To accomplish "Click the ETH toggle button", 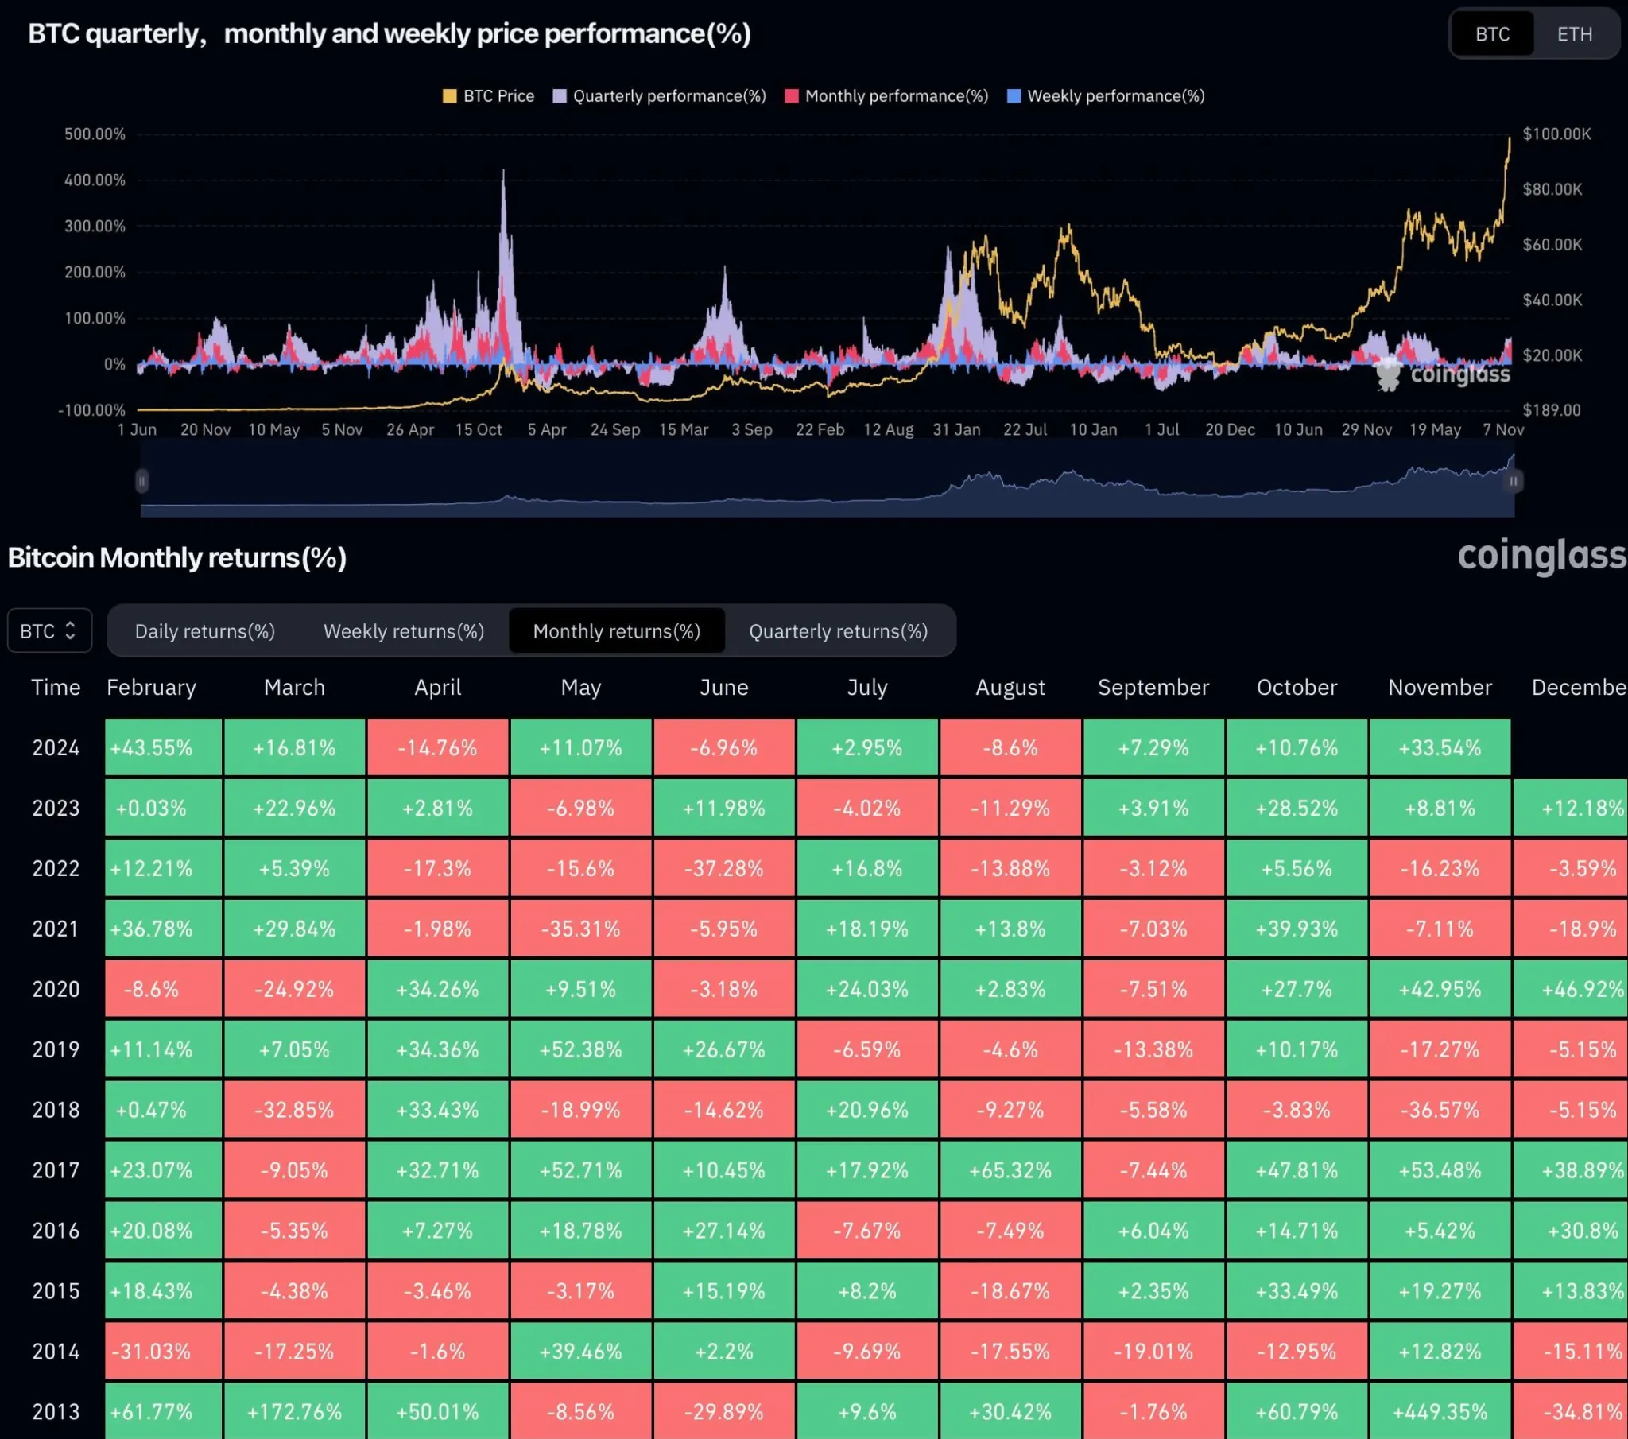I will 1575,34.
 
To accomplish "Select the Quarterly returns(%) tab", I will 838,631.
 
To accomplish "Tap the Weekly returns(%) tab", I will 403,631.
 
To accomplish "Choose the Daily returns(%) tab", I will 205,631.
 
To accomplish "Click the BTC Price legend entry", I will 488,96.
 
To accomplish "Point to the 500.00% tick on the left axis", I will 95,134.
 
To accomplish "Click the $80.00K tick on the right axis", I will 1552,190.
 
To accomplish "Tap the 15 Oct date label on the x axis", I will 478,429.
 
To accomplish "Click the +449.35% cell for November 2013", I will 1440,1412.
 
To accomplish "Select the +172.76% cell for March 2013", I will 294,1412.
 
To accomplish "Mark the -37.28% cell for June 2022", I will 723,868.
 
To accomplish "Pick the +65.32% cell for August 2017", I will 1010,1170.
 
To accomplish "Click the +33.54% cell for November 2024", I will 1440,747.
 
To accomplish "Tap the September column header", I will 1153,688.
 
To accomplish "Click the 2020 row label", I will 56,990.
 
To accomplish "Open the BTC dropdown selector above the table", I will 49,631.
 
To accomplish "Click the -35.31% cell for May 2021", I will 580,929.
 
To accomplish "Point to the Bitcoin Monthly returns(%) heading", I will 176,558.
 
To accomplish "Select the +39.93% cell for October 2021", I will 1297,929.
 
